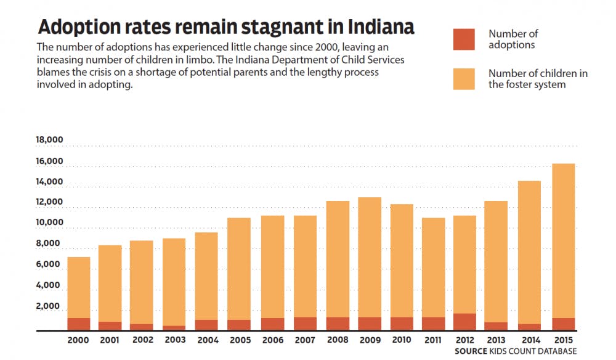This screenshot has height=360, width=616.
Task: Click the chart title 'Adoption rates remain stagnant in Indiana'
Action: click(x=225, y=28)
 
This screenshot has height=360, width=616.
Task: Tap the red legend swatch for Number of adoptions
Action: click(x=464, y=39)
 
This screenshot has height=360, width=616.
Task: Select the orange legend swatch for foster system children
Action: click(x=464, y=79)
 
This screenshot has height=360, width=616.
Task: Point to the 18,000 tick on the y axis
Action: click(x=50, y=140)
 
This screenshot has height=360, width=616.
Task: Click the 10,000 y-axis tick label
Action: click(x=50, y=223)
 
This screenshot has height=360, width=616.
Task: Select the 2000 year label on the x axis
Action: click(x=78, y=340)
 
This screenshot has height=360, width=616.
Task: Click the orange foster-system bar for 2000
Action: click(x=78, y=287)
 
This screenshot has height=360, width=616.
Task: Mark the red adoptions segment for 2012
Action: click(x=464, y=322)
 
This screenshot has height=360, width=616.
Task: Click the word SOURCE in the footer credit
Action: click(x=472, y=351)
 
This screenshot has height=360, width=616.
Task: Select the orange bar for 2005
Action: click(x=239, y=268)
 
